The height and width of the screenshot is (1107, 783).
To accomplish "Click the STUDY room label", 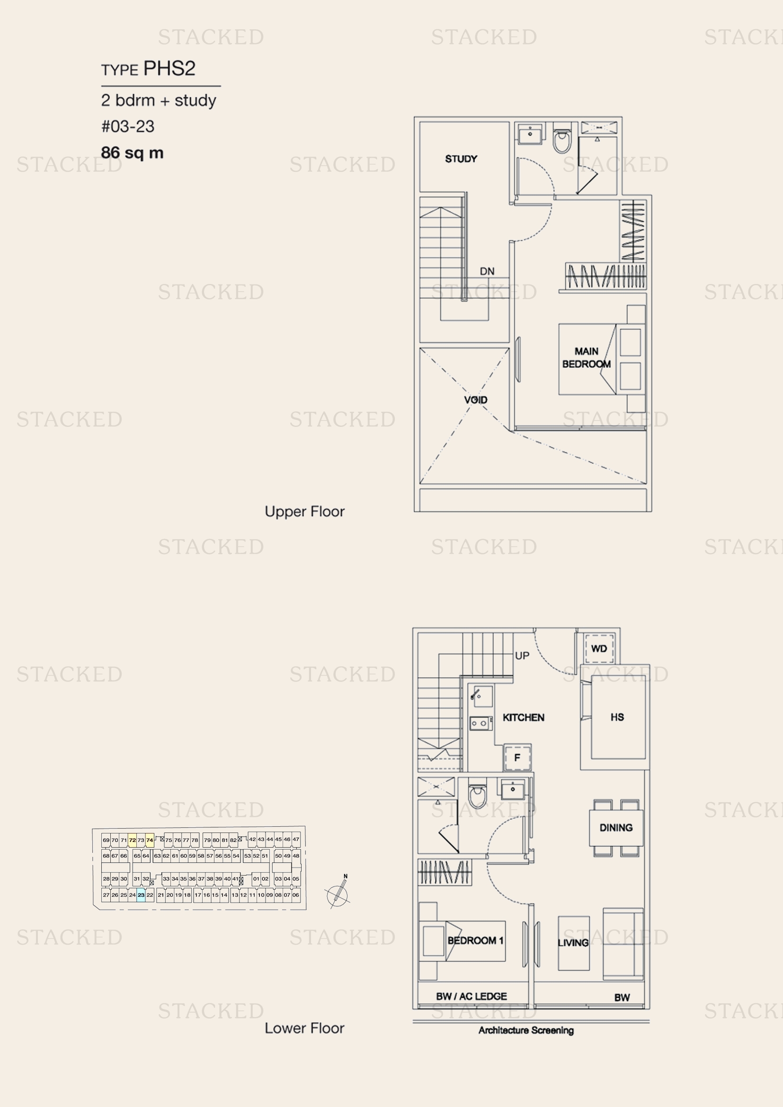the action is coord(461,159).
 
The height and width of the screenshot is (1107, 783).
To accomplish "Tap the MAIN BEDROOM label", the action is coord(586,358).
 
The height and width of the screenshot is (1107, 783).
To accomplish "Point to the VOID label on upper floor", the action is coord(475,400).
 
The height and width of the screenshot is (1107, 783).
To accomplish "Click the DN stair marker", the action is coord(487,272).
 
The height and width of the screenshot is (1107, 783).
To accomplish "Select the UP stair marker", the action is coord(522,655).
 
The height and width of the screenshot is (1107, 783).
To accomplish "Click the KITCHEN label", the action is coord(523,717).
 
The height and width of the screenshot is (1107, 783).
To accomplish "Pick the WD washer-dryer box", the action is coord(599,648).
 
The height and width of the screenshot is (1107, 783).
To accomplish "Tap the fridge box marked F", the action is coord(517,757).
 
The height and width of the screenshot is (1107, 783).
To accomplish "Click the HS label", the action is coord(617,717).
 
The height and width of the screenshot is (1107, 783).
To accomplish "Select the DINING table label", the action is coord(616,827).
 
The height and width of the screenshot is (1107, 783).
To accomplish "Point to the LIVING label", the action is coord(573,943).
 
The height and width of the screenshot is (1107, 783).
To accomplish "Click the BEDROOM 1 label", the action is coord(475,940).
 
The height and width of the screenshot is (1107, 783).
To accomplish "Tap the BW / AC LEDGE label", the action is coord(472,996).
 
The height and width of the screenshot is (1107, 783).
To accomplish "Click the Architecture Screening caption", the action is coord(526,1030).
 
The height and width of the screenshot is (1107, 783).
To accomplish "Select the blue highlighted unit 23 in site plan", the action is coord(141,895).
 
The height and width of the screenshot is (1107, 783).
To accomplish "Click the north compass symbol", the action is coord(338,893).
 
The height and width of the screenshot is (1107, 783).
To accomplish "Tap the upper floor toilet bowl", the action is coord(562,140).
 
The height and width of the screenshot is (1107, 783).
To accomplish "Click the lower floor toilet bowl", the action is coord(478,796).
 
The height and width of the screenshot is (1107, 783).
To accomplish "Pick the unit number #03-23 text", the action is coord(128,126).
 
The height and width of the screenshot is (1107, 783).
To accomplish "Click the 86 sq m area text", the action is coord(132,153).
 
